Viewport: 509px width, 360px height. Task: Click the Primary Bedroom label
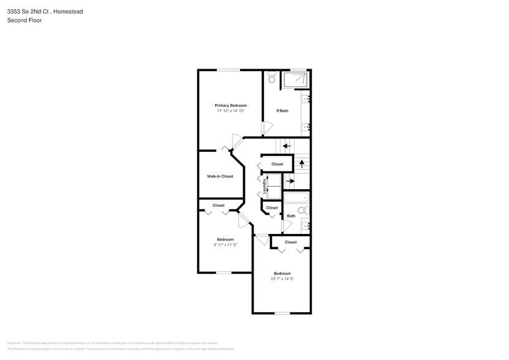pos(230,105)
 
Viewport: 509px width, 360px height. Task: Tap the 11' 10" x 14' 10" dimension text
pos(230,111)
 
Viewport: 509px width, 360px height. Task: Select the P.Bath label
pos(282,111)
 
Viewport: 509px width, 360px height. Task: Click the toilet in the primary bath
pos(272,78)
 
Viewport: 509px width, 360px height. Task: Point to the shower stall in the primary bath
pos(295,80)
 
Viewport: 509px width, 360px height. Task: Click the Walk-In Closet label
pos(220,176)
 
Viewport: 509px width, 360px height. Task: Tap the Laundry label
pos(265,186)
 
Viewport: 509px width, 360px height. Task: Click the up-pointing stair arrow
pos(302,164)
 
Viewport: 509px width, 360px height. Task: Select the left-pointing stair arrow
pos(287,146)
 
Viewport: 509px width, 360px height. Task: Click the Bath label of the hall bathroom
pos(291,216)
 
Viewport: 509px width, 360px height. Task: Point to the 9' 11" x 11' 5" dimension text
pos(225,245)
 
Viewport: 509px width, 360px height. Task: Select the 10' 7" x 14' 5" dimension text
pos(282,279)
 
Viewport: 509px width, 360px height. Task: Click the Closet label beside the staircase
pos(277,164)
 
